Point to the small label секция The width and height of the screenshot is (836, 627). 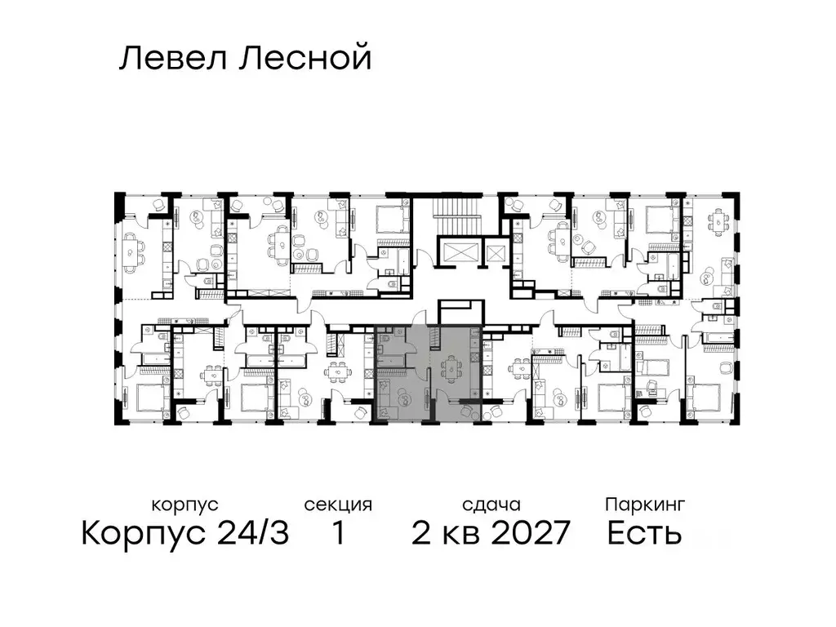pos(338,505)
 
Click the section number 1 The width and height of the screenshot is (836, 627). pos(337,534)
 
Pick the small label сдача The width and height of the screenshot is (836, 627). pos(490,505)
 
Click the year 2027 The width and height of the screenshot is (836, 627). pos(524,534)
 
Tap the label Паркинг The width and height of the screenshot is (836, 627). pos(645,505)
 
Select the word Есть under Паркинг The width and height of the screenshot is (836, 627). pos(645,534)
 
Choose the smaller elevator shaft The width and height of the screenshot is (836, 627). pos(496,251)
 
